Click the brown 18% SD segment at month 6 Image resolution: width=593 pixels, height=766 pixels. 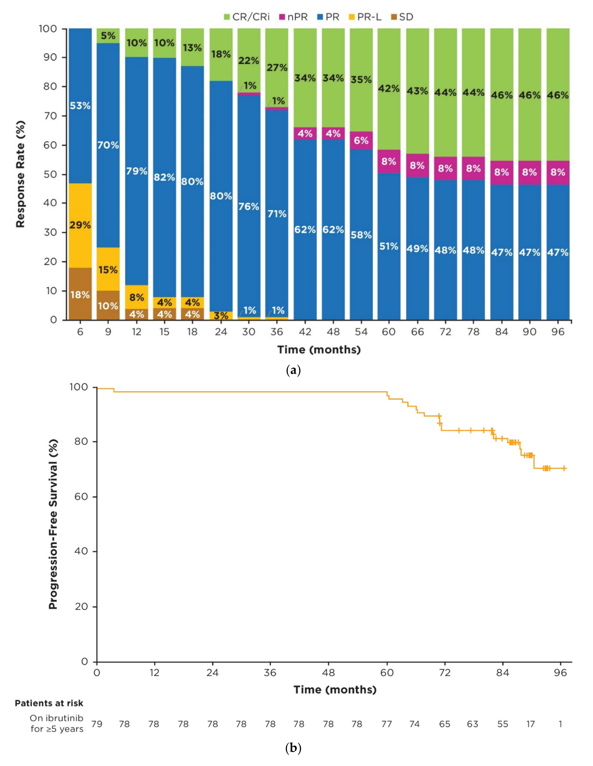[x=80, y=294]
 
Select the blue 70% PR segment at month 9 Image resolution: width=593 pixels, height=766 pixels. [x=108, y=145]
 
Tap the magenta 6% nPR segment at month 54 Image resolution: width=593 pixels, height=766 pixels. [x=361, y=141]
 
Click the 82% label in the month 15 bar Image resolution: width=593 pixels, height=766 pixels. [x=164, y=177]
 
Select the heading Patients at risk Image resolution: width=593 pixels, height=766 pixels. [x=49, y=703]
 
